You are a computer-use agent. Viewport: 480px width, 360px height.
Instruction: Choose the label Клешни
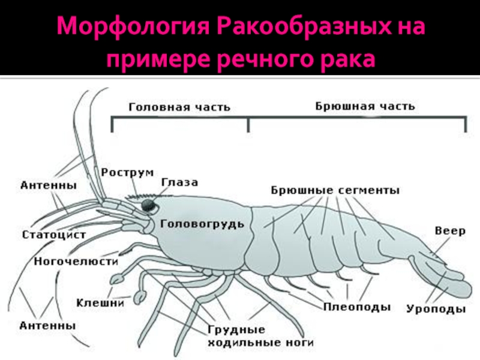(x=100, y=303)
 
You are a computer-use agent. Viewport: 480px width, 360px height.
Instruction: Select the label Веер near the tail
(x=450, y=231)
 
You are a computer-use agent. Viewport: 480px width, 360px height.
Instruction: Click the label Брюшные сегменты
(x=335, y=190)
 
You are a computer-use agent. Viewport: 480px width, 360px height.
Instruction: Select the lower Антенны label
(x=47, y=325)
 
